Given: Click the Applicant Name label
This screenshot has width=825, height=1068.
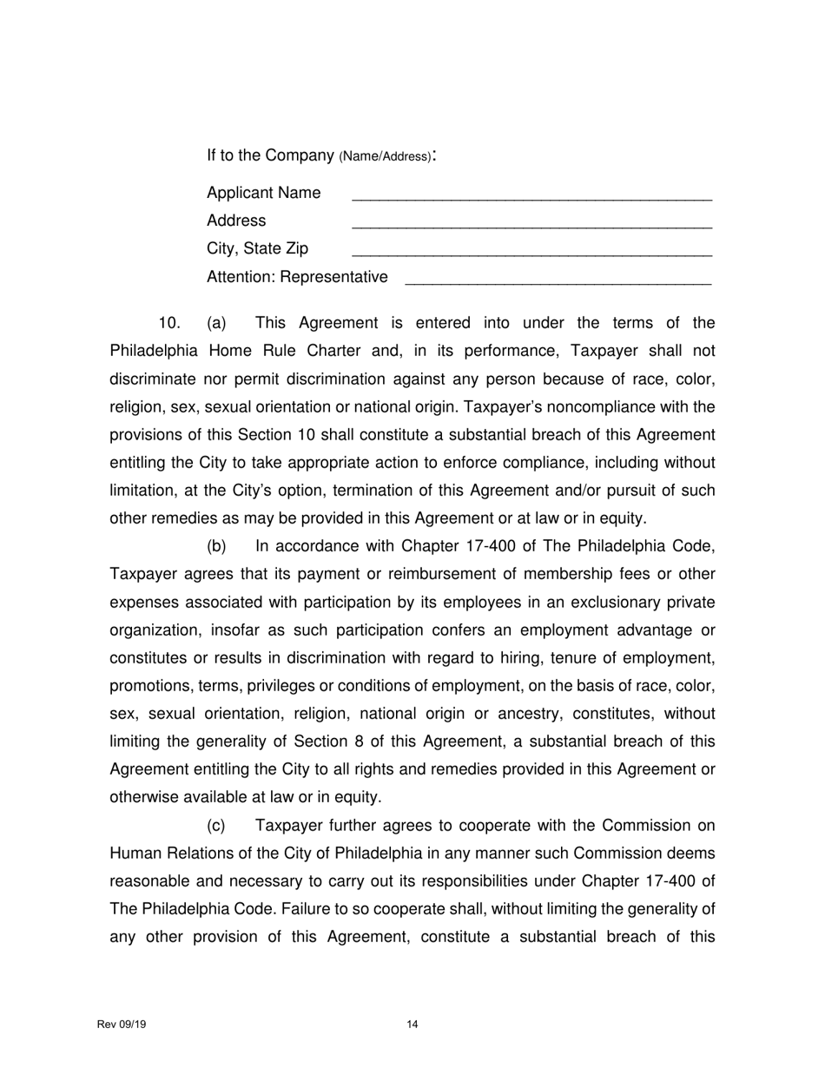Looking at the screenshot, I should click(x=263, y=193).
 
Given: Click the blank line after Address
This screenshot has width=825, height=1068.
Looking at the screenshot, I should click(x=531, y=227).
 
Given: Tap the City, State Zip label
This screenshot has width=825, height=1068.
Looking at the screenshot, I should click(x=257, y=249).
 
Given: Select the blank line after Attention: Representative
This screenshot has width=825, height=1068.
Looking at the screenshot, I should click(x=558, y=283).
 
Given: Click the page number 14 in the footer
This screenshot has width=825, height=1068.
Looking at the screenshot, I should click(x=412, y=1025).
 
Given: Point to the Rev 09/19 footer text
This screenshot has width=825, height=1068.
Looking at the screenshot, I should click(x=122, y=1025).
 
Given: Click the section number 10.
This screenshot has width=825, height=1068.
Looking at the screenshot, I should click(x=169, y=324).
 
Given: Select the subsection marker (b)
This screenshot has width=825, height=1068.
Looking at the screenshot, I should click(x=216, y=547).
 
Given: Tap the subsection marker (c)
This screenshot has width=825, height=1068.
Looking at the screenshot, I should click(x=216, y=826).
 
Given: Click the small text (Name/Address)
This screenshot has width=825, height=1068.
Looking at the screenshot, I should click(x=384, y=157).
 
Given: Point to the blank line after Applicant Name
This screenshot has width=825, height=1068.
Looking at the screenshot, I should click(x=531, y=199).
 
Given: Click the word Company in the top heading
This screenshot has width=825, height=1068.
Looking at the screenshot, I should click(x=300, y=155).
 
